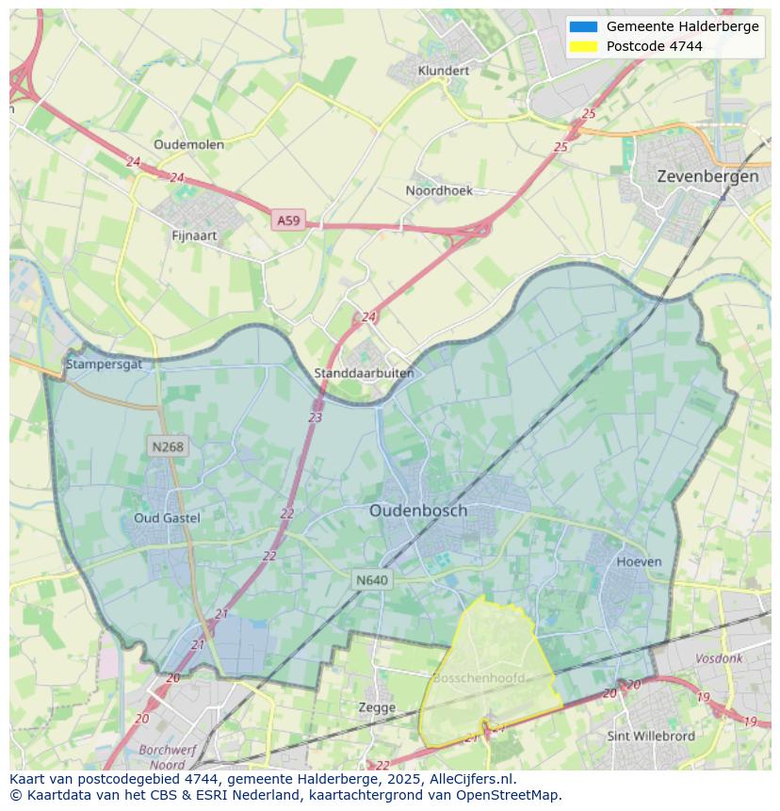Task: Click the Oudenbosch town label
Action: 417,511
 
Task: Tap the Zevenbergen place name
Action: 707,176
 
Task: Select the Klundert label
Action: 443,71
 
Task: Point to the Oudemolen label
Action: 188,144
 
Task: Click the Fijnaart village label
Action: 195,235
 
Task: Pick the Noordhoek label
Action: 439,190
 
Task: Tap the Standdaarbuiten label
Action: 364,373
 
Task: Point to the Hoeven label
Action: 639,561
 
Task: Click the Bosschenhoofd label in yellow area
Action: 479,678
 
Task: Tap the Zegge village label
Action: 377,706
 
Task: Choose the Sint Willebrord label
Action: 651,736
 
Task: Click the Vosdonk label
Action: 719,659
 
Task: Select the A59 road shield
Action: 288,220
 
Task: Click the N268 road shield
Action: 167,446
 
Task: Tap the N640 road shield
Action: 372,580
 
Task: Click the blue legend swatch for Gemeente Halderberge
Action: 583,26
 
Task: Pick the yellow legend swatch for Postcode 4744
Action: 583,46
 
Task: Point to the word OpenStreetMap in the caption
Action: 509,795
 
